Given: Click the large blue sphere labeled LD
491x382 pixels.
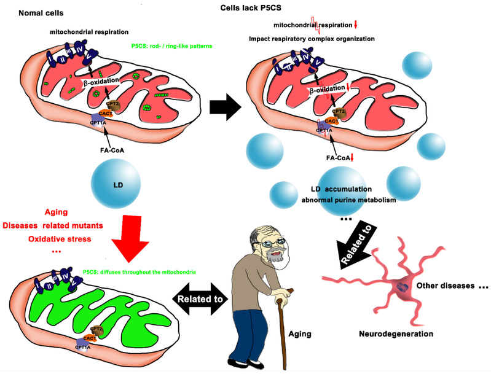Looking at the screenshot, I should [x=116, y=182].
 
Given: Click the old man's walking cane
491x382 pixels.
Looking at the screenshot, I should [x=283, y=332].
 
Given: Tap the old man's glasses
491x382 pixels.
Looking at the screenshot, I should [x=271, y=243].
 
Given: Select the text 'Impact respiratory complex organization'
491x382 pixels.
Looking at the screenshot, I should [x=312, y=39].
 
